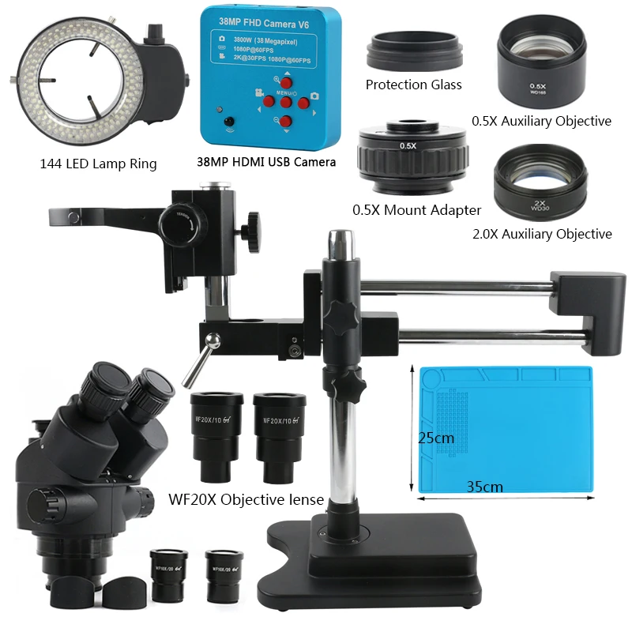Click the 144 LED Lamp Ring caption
tap(98, 164)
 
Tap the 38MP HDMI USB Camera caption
tap(265, 162)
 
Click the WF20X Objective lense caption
tap(246, 499)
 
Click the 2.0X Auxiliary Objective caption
tap(541, 234)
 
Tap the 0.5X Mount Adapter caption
tap(416, 210)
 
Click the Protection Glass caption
tap(413, 85)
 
